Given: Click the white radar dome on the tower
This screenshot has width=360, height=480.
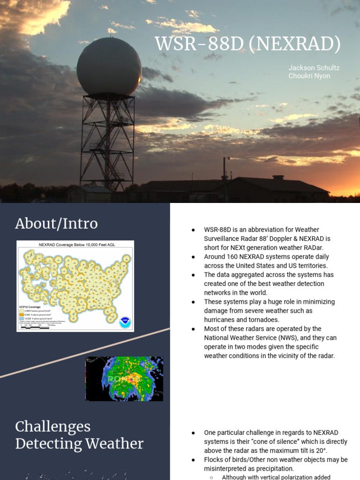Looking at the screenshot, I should coord(109,67).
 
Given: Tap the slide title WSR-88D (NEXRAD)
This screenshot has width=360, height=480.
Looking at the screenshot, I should coord(248,44).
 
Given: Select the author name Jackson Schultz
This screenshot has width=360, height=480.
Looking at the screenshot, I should coord(314,68).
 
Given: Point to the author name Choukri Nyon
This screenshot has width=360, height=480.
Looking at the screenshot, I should coord(309,76).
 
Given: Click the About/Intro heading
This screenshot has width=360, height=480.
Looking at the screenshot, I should coord(56,224).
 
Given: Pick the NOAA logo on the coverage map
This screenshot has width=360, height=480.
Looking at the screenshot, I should coord(125,322).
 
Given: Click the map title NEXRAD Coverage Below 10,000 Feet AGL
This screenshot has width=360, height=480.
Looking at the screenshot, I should coord(75,244).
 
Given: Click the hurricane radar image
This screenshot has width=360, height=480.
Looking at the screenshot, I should coord(124,379).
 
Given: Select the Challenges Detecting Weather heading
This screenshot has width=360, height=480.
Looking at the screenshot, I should coord(79,435).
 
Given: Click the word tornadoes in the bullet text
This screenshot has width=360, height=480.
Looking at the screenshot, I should coord(262,320).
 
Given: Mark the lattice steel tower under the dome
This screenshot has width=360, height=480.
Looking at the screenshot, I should coord(107,141).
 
